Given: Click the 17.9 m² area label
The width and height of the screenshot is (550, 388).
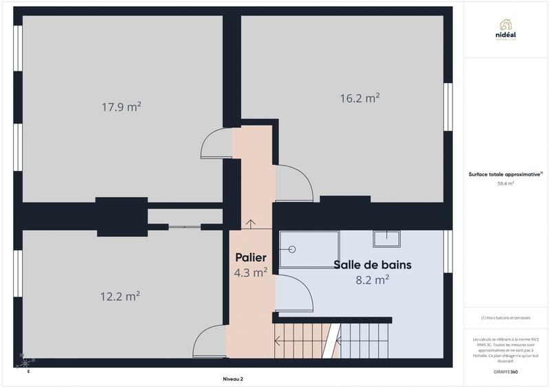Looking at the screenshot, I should pyautogui.click(x=121, y=106).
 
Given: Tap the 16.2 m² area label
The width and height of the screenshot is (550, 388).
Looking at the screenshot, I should pyautogui.click(x=360, y=98).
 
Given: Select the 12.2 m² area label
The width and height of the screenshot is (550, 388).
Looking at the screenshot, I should pyautogui.click(x=120, y=297).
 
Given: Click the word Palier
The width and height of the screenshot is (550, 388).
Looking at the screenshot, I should pyautogui.click(x=251, y=258).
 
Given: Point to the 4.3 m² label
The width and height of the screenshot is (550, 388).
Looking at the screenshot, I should pyautogui.click(x=251, y=273).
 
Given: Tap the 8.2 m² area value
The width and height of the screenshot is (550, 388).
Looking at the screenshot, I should pyautogui.click(x=372, y=279).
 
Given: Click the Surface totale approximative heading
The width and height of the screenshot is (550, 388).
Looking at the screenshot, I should pyautogui.click(x=505, y=174).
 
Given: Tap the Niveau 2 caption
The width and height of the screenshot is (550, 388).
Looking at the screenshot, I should pyautogui.click(x=233, y=378).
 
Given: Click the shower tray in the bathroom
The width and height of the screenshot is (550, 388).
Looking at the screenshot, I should pyautogui.click(x=309, y=249).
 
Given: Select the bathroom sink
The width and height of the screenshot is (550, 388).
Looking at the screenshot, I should pyautogui.click(x=387, y=238).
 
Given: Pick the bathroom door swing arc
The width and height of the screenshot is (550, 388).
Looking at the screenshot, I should pyautogui.click(x=294, y=293).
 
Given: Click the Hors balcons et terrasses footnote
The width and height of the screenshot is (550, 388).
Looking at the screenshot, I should pyautogui.click(x=505, y=317).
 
